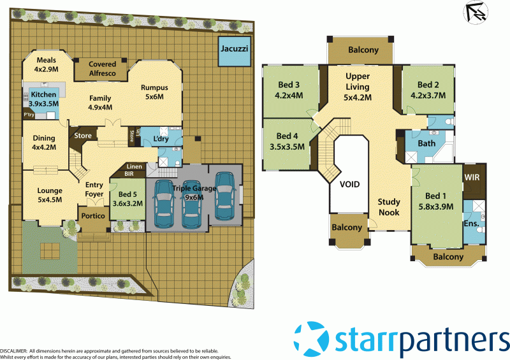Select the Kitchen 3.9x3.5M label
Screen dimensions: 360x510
43,99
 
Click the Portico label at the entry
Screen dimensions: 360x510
94,216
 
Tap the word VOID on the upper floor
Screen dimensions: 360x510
349,185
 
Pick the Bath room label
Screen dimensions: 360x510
426,143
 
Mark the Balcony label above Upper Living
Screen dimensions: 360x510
363,50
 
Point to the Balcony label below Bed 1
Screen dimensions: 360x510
448,257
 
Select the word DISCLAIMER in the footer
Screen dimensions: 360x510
13,351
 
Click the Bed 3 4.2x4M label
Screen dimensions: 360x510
289,90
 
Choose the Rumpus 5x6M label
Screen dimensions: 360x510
153,92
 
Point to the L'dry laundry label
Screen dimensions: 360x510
161,140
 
